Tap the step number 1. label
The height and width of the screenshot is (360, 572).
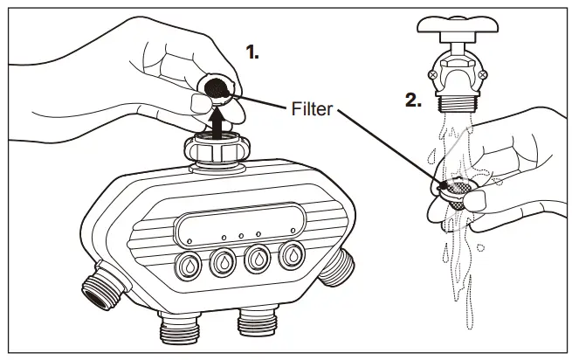pos(252,53)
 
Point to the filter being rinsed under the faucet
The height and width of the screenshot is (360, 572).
pos(457,187)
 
